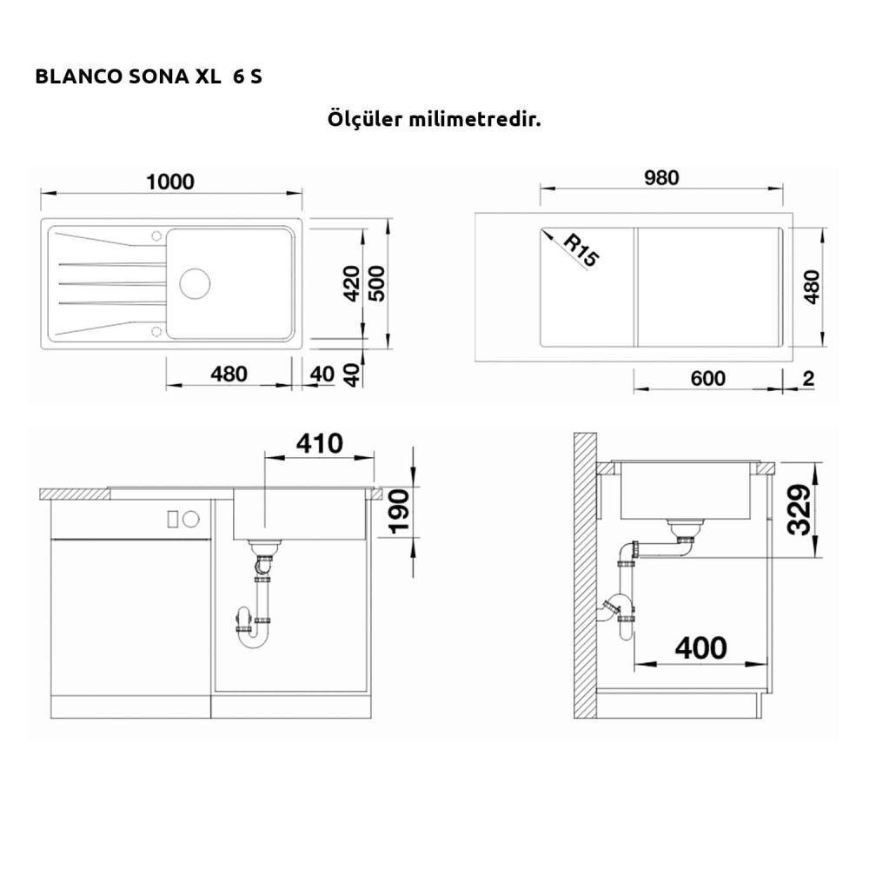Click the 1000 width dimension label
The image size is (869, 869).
point(170,182)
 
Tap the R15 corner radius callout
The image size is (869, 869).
point(581,250)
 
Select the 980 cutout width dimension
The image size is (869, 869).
point(661,178)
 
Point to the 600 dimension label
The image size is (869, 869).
point(707,379)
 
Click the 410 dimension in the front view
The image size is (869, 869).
point(319,443)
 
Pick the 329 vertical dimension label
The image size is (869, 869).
point(799,509)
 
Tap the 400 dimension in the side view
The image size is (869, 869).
point(700,648)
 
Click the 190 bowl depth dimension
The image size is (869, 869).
point(399,512)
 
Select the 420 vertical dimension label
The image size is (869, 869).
point(351,284)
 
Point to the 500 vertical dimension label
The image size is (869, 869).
point(376,284)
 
